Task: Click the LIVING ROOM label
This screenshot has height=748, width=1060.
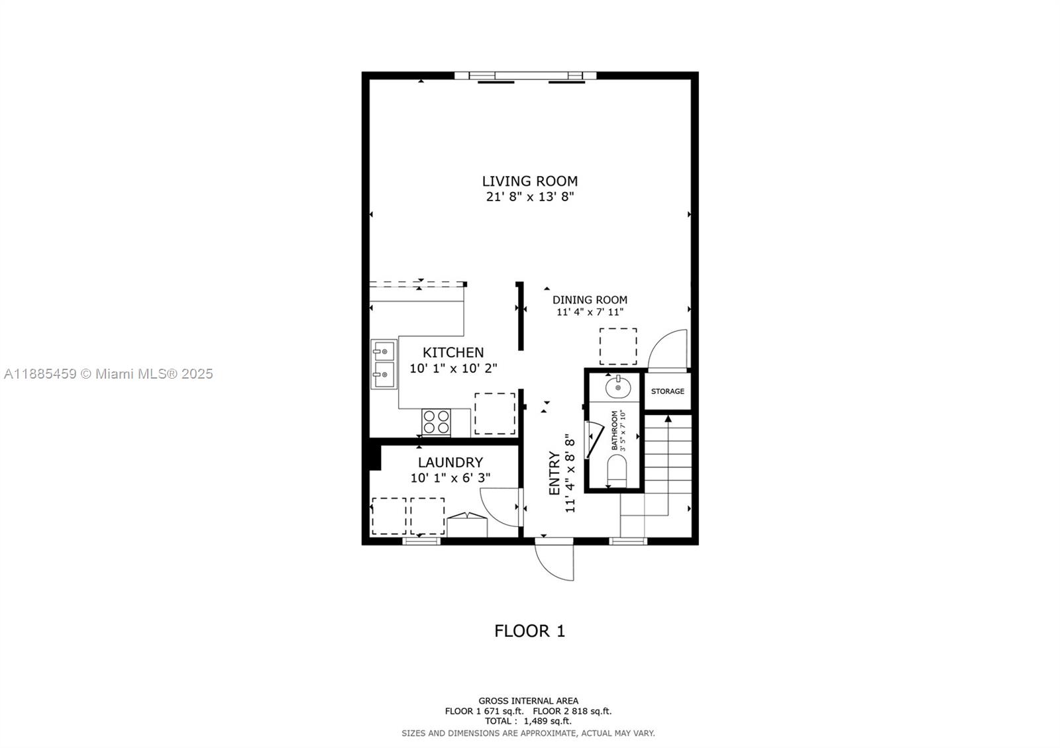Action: [x=529, y=181]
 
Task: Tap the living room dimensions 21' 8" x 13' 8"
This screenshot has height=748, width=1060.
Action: [x=529, y=197]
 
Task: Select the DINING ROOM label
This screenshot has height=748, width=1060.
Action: [x=590, y=300]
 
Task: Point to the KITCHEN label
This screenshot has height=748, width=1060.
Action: [x=453, y=353]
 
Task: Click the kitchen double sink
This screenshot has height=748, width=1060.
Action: [x=384, y=364]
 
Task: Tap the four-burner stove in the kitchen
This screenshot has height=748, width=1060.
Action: [x=437, y=422]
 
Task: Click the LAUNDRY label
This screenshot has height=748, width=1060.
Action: [x=450, y=463]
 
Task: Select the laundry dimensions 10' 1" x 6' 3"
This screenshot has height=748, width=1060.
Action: [x=450, y=478]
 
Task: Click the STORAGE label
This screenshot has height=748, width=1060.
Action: [x=667, y=391]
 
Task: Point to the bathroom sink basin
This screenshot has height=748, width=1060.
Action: [x=618, y=387]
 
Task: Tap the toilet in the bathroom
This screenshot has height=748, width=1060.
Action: [x=617, y=471]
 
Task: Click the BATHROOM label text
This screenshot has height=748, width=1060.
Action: [x=615, y=430]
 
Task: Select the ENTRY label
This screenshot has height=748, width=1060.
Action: [x=555, y=473]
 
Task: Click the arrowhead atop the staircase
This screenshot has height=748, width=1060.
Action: [x=668, y=418]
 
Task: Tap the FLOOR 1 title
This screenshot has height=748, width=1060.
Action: [x=529, y=631]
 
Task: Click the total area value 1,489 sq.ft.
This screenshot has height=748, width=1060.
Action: [x=547, y=721]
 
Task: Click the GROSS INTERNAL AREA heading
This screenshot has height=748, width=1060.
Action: [x=528, y=701]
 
